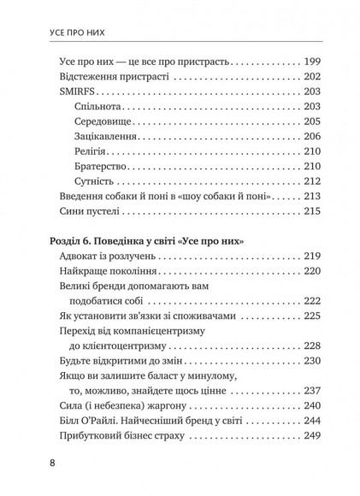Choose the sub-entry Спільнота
coord(99,121)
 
